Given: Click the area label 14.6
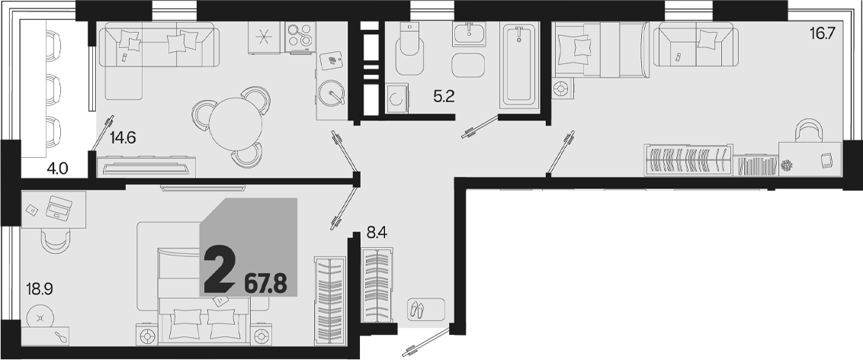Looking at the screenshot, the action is click(x=123, y=138).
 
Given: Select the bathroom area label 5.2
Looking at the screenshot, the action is click(x=444, y=98).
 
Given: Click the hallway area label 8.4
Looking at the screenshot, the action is click(x=377, y=233).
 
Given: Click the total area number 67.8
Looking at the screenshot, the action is click(x=265, y=286).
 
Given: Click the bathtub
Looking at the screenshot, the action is click(x=518, y=64).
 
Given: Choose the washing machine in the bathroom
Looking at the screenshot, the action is click(x=397, y=99).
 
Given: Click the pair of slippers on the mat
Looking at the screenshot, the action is click(x=418, y=310).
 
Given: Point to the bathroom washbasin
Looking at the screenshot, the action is click(x=470, y=34).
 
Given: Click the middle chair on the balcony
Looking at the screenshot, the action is click(x=53, y=86).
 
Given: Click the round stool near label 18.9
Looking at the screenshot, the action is click(x=40, y=317).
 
